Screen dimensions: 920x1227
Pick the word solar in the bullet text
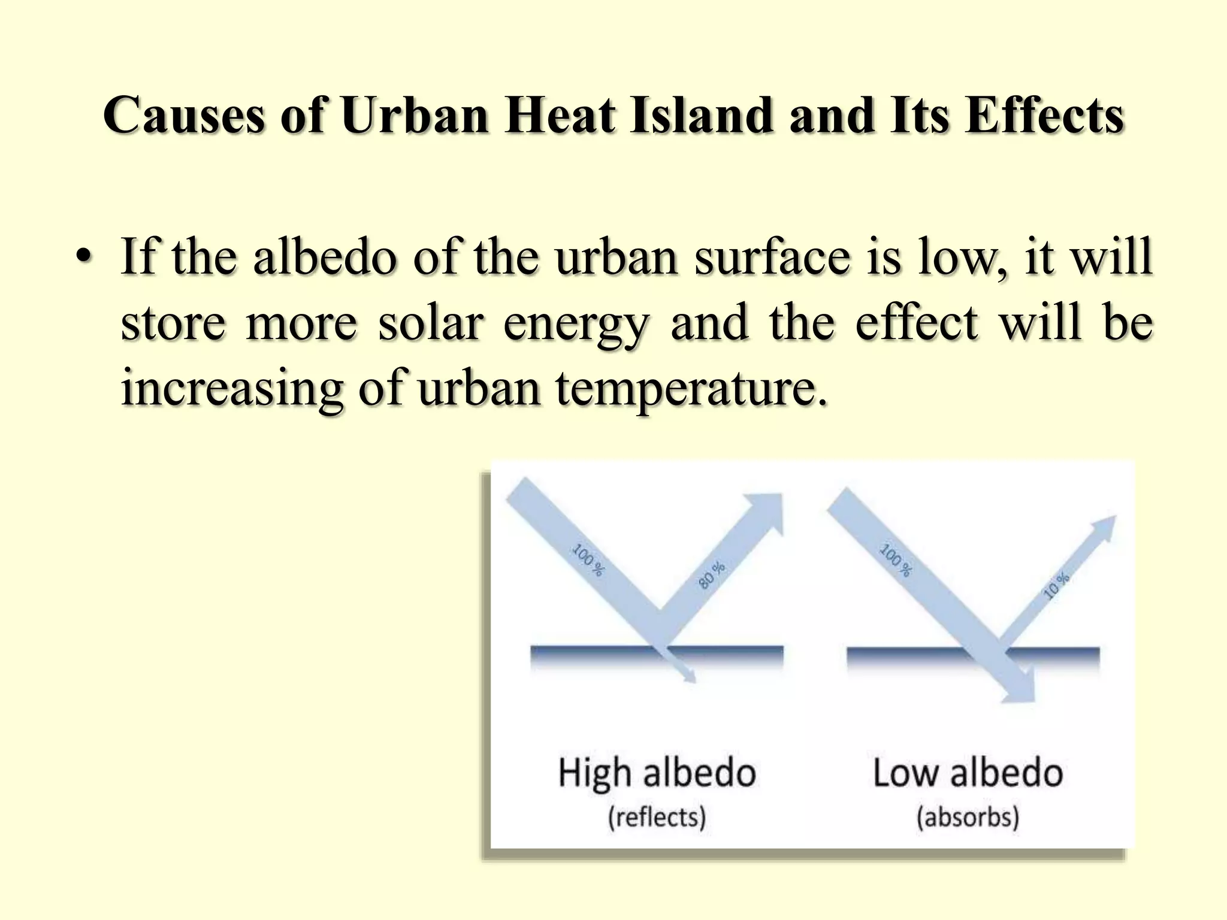click(x=430, y=323)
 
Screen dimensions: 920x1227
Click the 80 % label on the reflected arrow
click(x=711, y=575)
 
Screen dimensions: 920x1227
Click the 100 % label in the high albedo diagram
click(x=588, y=559)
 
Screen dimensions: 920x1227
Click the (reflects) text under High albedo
click(x=657, y=817)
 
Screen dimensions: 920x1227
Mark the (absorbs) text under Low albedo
click(x=968, y=817)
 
